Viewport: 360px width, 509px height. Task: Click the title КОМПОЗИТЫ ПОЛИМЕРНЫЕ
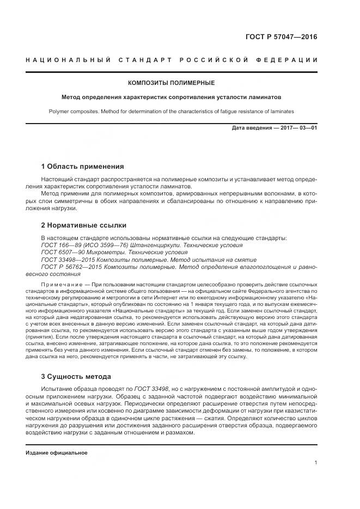tap(171, 83)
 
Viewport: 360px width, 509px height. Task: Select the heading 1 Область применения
tap(82, 166)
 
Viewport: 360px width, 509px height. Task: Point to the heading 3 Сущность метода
tap(76, 376)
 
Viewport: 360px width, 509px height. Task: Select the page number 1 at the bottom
tap(315, 463)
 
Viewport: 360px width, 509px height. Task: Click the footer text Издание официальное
tap(56, 453)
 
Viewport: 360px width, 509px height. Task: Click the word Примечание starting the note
tap(61, 285)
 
